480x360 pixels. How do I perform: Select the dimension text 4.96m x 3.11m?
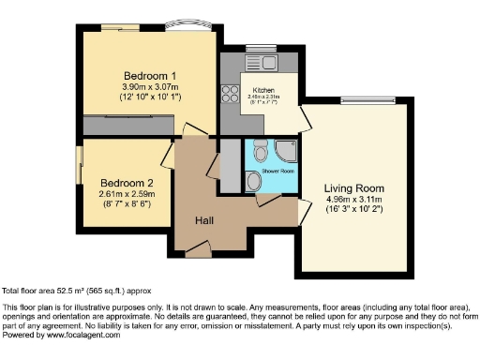353,200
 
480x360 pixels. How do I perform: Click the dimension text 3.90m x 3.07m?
151,87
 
